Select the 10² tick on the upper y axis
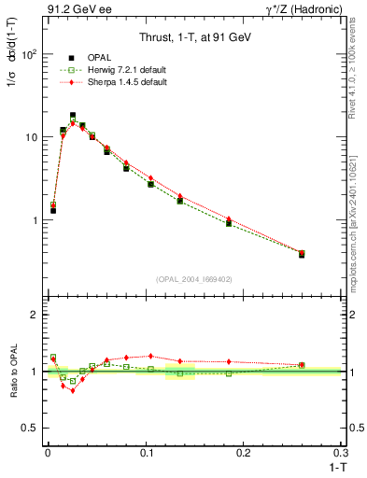tap(27, 54)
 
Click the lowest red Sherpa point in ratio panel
tap(72, 390)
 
